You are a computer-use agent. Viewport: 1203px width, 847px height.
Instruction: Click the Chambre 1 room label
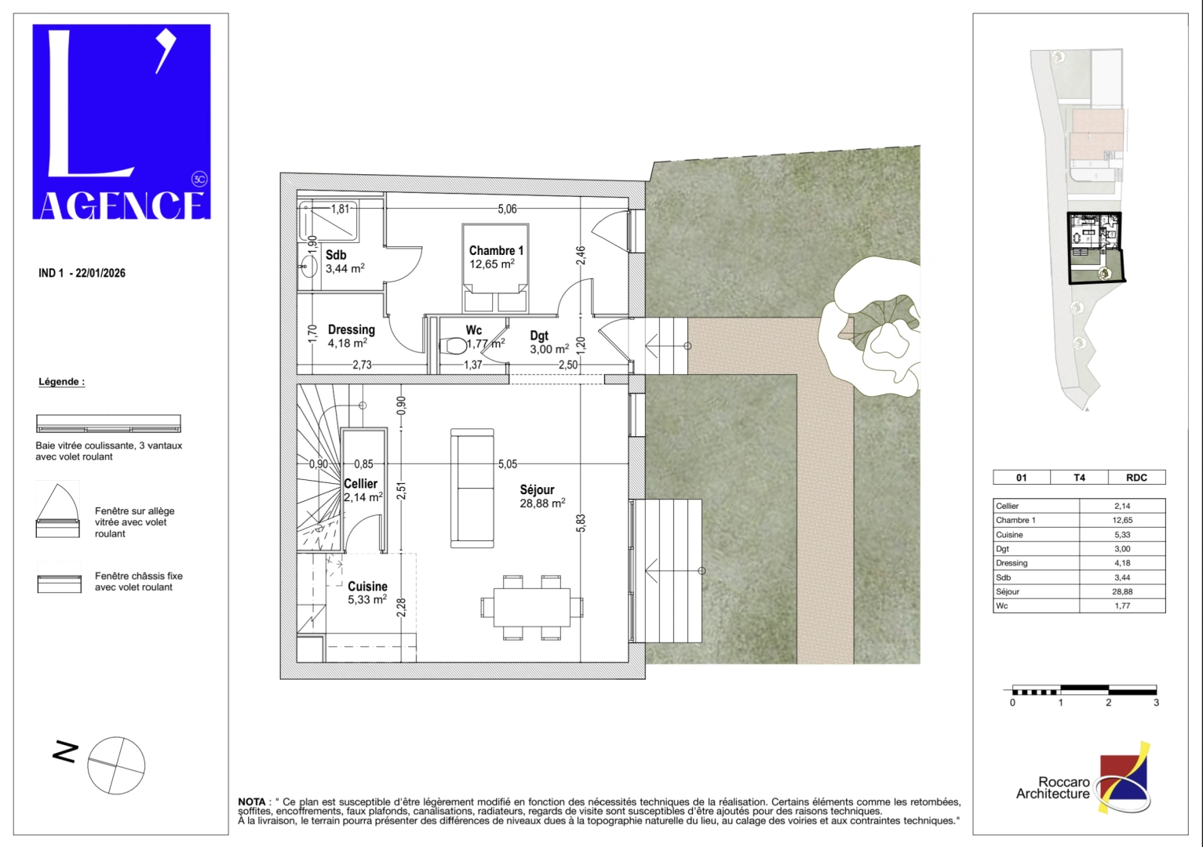click(x=496, y=251)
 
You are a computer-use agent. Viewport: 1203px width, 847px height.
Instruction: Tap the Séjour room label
click(x=537, y=490)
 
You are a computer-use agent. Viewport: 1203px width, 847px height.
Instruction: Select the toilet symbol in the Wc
click(x=455, y=346)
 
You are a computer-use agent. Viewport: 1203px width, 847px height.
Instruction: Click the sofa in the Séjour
click(x=472, y=488)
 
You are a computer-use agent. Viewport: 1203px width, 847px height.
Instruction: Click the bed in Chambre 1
click(x=495, y=271)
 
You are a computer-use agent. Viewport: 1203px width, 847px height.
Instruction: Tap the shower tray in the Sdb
click(x=329, y=222)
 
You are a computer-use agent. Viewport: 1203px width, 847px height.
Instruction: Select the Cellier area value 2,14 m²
click(x=363, y=497)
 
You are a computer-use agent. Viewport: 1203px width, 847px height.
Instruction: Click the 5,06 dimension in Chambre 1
click(x=507, y=209)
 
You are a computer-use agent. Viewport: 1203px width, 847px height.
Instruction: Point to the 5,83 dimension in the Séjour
click(x=581, y=523)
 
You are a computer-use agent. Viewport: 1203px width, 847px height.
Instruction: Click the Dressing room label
click(x=351, y=330)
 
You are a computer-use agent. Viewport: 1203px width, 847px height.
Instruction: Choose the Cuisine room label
click(x=367, y=587)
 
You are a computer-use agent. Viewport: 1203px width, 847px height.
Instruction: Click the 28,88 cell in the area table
click(x=1121, y=592)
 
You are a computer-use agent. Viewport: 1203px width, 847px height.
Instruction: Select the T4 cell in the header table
click(x=1079, y=478)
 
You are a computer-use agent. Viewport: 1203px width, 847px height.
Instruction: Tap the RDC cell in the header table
click(x=1136, y=478)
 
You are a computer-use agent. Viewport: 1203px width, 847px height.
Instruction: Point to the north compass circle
click(x=116, y=765)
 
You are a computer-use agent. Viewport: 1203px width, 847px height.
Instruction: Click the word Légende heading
click(x=61, y=382)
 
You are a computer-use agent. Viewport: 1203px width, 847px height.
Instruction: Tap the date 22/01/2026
click(x=100, y=273)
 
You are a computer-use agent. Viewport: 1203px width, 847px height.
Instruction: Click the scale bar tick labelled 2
click(x=1108, y=703)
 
